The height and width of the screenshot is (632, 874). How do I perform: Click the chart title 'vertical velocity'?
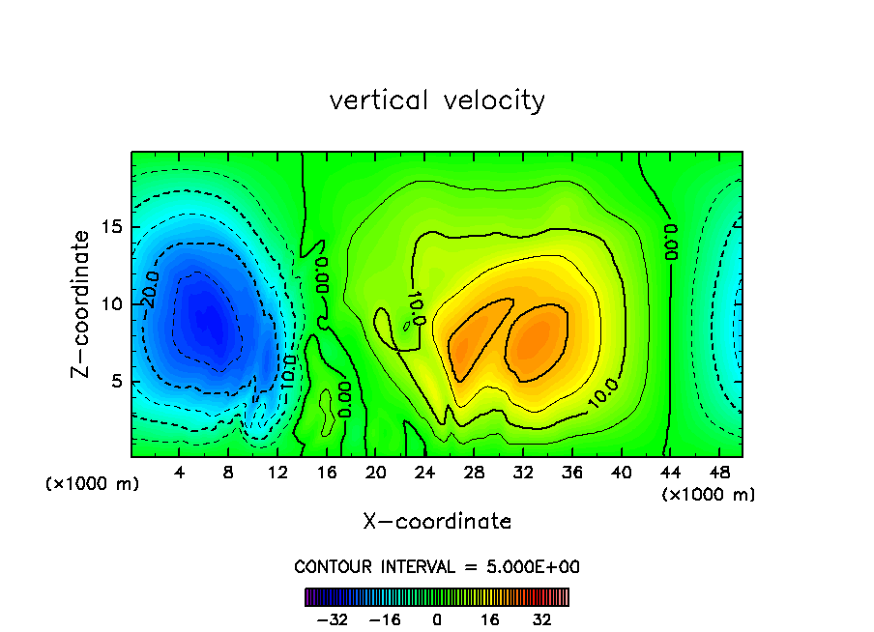point(437,101)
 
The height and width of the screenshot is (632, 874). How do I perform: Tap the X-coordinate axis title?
point(437,522)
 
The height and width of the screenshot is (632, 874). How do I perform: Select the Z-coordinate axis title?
point(82,302)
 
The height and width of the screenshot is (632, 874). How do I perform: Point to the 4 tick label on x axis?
point(180,473)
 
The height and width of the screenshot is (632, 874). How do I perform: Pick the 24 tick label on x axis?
point(424,473)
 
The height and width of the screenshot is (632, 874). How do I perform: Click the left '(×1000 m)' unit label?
point(93,484)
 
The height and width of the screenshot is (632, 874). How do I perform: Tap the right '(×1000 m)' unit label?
point(709,495)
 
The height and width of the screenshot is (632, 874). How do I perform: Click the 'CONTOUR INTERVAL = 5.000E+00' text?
point(437,566)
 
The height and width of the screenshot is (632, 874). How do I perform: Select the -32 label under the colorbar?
point(332,619)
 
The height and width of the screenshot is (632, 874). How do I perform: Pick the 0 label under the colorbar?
point(437,619)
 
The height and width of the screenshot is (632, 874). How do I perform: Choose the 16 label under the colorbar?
point(490,619)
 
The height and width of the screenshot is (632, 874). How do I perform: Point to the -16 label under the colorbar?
point(385,619)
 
